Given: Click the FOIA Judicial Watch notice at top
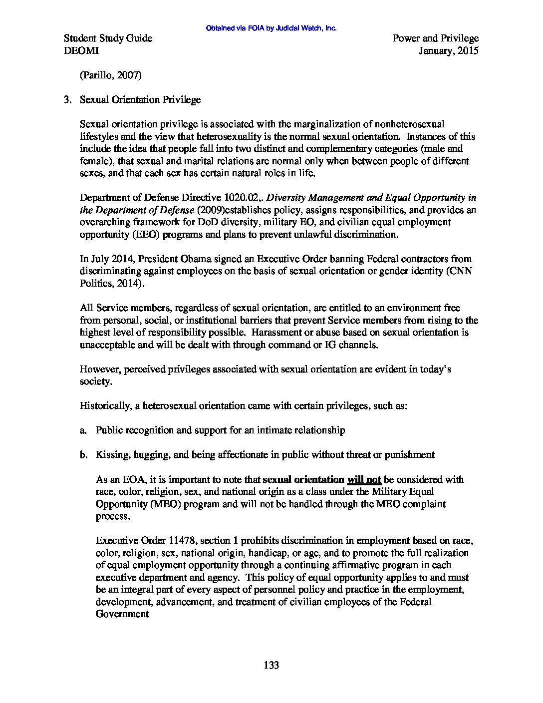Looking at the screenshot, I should (x=271, y=28).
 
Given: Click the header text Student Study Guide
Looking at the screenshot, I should (x=108, y=38).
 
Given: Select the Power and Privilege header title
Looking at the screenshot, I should (x=435, y=38).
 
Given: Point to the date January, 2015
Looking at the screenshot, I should (x=449, y=50).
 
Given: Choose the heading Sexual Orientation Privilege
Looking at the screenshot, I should (x=140, y=100).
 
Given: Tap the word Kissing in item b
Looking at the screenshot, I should (x=112, y=455).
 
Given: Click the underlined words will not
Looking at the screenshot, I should (x=364, y=480).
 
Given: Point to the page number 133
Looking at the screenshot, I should (x=271, y=665).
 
